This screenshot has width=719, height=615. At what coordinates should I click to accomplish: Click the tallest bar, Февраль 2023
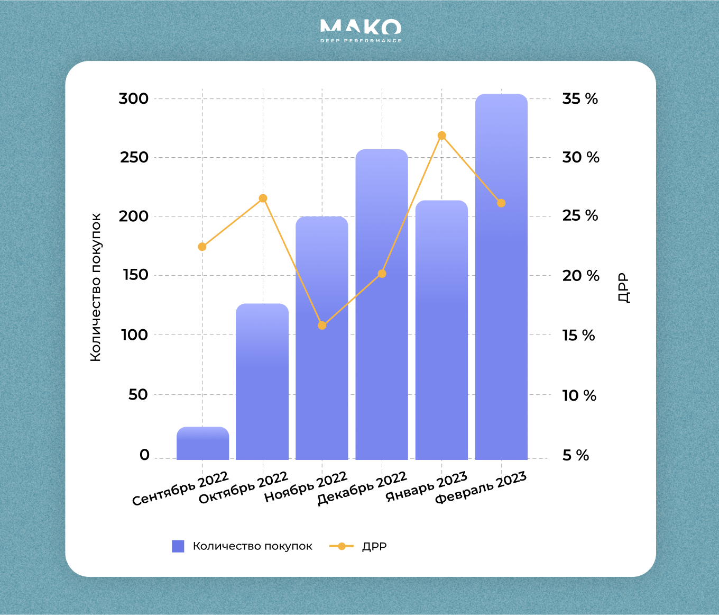point(501,318)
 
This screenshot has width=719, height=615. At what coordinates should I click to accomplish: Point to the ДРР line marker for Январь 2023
point(442,135)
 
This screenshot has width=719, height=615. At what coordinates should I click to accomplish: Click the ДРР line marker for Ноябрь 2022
point(322,325)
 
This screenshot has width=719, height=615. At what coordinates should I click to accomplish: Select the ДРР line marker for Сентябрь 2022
point(202,247)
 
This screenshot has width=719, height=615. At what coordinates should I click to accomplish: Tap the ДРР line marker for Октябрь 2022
point(263,198)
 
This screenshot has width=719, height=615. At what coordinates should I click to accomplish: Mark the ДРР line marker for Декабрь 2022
point(382,274)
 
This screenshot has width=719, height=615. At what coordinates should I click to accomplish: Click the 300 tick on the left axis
point(134,99)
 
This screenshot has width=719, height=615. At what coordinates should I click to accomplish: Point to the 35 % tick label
point(580,99)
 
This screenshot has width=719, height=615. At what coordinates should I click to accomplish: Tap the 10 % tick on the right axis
point(579,395)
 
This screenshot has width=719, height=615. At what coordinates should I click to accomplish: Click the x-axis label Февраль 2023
point(481,488)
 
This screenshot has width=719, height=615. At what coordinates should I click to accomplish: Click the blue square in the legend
point(178,546)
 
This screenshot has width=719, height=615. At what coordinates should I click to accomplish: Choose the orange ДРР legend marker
point(342,546)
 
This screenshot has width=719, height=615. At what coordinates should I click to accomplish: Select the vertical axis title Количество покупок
point(96,287)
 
